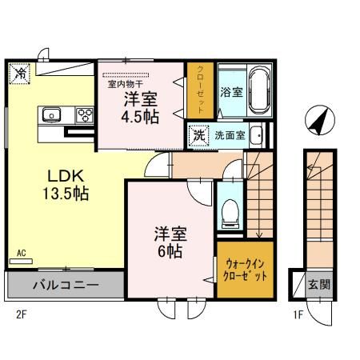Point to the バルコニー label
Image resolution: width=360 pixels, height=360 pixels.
(x=66, y=284)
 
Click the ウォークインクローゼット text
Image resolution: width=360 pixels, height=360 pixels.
(x=245, y=268)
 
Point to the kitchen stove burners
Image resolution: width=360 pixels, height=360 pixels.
(x=84, y=114)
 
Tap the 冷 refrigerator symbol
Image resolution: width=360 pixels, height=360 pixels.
(x=19, y=74)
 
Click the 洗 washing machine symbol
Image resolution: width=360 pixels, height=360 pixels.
(x=198, y=134)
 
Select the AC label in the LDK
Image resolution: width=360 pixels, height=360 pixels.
(x=21, y=254)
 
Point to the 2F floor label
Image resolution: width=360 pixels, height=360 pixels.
(x=21, y=314)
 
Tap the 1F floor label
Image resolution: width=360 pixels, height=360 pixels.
(x=298, y=314)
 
